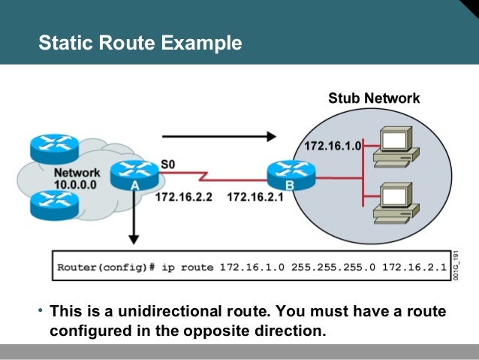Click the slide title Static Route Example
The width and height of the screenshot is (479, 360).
pos(140,43)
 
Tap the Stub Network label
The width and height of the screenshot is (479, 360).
pos(374,98)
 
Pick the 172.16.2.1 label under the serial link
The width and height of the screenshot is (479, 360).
pos(256,198)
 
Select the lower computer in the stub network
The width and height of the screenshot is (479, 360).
pos(396,201)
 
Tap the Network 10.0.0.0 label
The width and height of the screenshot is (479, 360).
pos(76,178)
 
